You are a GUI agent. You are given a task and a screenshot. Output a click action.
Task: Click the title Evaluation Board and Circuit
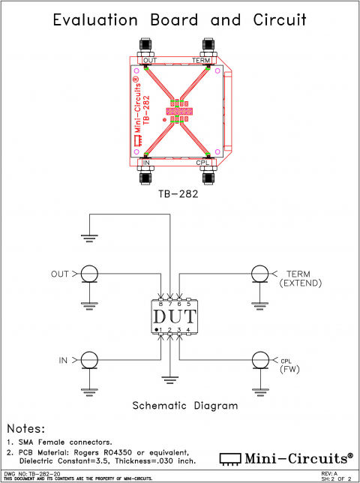179,20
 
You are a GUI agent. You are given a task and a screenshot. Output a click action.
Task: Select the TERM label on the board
202,60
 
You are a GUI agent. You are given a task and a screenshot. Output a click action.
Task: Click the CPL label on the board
203,163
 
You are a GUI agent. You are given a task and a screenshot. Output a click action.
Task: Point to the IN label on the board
146,163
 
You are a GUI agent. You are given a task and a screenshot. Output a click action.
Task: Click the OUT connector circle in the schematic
89,274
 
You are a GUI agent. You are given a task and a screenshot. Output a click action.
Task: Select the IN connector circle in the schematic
89,361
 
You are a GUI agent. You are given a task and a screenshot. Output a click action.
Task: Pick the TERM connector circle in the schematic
259,274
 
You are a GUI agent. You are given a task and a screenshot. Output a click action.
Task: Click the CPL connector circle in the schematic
259,361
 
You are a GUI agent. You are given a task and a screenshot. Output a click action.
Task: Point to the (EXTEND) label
300,283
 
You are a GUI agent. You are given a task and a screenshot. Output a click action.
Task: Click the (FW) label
289,370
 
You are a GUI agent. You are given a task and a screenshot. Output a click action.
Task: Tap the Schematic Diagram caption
184,406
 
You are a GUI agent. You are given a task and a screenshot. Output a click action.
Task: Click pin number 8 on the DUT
160,304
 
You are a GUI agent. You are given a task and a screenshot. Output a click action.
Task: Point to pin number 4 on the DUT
187,330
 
